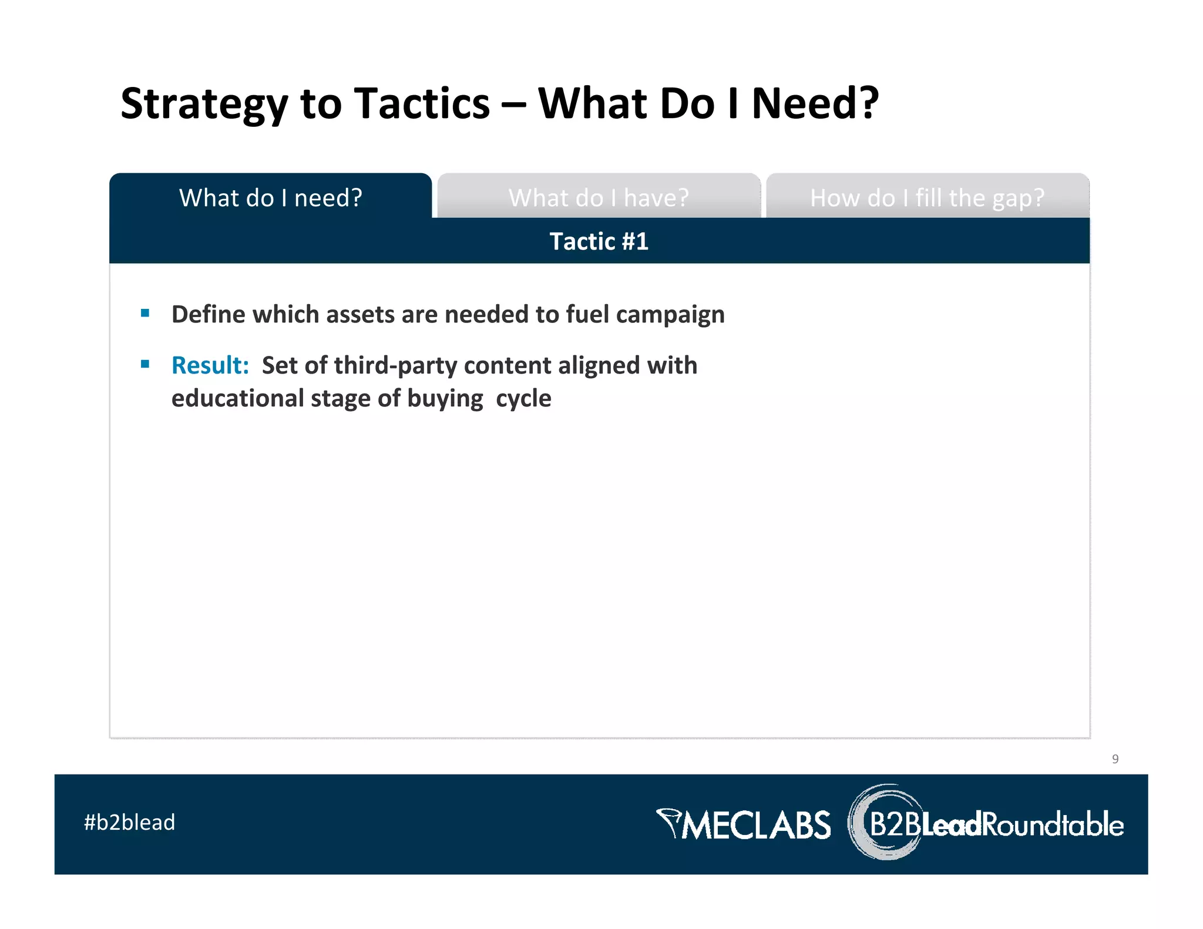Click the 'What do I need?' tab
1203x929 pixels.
(270, 198)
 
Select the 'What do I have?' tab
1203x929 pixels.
(598, 198)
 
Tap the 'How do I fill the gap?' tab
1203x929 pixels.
(927, 198)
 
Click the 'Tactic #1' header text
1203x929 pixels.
(599, 241)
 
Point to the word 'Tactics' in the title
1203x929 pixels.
(423, 104)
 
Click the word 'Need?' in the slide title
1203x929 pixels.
(815, 104)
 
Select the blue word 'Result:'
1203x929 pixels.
(210, 365)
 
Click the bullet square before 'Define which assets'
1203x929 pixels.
(145, 314)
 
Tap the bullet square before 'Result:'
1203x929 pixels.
(145, 365)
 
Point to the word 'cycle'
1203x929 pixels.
(523, 398)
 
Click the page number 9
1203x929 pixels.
(1115, 759)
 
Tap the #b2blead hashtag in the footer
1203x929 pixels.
(129, 823)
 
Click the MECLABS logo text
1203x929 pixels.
(757, 825)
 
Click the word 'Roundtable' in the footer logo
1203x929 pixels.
(1053, 824)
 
